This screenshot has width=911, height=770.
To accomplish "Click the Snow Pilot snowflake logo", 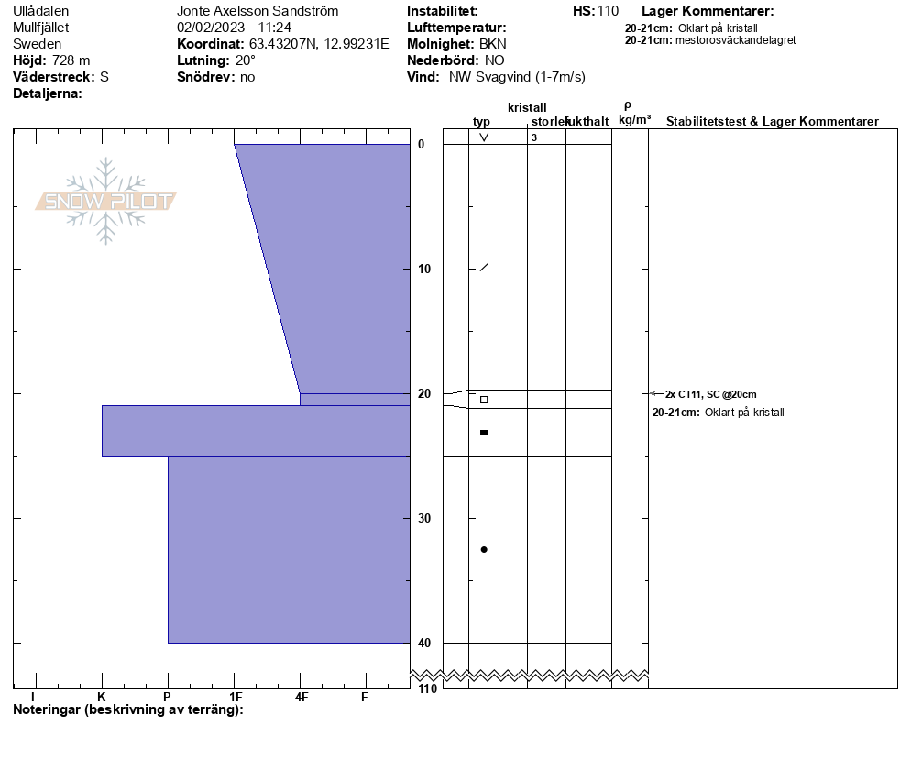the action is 105,201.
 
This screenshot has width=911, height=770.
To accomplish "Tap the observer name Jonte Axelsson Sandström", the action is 258,11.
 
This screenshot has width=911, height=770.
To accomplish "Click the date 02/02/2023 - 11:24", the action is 234,27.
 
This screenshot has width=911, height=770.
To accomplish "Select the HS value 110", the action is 608,11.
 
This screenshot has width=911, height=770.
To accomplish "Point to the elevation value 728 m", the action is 71,60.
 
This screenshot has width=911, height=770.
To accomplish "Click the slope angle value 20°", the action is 246,60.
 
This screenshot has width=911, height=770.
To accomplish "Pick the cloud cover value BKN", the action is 493,44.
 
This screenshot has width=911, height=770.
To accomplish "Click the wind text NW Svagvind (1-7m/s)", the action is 517,77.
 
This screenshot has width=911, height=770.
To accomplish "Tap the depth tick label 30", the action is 424,518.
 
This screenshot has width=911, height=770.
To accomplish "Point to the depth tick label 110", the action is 427,688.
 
